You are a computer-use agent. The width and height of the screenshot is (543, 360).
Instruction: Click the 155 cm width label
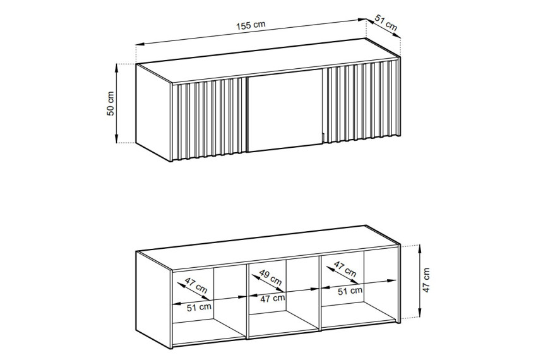coord(251,25)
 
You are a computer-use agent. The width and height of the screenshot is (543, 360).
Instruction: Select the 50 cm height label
coord(110,103)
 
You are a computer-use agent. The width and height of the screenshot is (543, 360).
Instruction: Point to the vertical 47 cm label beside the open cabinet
coord(426,280)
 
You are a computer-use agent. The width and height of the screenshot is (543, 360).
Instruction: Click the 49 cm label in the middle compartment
coord(270,277)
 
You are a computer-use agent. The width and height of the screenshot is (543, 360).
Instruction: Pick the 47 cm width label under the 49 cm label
coord(273,298)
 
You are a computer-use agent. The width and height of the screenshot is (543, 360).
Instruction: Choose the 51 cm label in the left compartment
coord(199,307)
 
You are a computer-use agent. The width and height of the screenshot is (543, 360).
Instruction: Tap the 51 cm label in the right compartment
coord(350,291)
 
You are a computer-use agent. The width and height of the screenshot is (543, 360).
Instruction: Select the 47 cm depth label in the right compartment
coord(345,269)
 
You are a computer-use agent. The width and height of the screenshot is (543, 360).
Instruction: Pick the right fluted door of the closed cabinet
coord(362,102)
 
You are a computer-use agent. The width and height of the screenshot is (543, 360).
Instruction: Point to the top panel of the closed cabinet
coord(268,61)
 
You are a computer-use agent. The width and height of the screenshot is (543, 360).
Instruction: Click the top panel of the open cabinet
coord(268,248)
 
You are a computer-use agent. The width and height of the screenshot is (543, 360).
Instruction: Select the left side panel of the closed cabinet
coord(154,112)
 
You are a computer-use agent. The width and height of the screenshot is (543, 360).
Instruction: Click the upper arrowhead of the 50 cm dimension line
coord(117,68)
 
